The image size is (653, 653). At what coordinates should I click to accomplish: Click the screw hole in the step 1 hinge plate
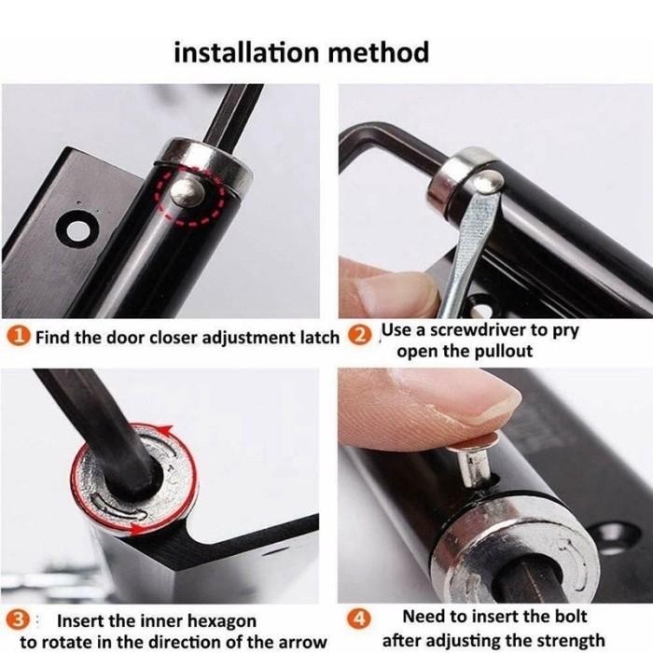click(75, 226)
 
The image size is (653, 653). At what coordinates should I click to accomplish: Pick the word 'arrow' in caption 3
click(300, 642)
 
